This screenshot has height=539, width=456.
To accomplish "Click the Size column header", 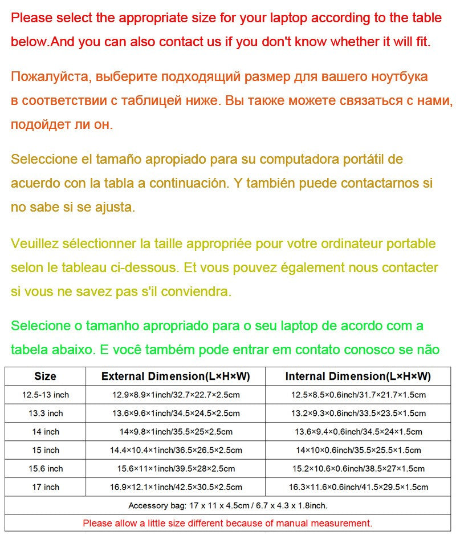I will [45, 376].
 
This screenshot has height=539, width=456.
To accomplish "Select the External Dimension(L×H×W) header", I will [176, 376].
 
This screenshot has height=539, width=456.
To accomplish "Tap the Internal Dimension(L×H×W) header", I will [358, 376].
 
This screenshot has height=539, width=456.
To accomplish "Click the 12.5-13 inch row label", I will [46, 395].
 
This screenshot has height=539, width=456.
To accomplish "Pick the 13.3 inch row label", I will [46, 413].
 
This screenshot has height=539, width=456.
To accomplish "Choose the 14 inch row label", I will [46, 432].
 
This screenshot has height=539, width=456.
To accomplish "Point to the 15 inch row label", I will [46, 450].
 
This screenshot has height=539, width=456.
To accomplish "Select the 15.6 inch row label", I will [46, 469].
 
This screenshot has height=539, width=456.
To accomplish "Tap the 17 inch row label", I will [46, 487].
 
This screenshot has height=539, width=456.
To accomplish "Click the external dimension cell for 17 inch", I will [176, 487].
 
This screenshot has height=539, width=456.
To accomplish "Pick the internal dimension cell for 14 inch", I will [359, 432].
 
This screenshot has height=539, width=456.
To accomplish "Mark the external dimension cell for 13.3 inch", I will [176, 413].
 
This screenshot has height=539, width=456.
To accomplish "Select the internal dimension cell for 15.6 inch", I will [359, 469].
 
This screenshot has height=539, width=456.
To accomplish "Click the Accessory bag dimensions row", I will [227, 505].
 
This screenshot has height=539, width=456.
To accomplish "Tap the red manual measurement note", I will [227, 523].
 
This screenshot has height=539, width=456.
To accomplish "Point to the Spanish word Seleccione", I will [44, 159].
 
